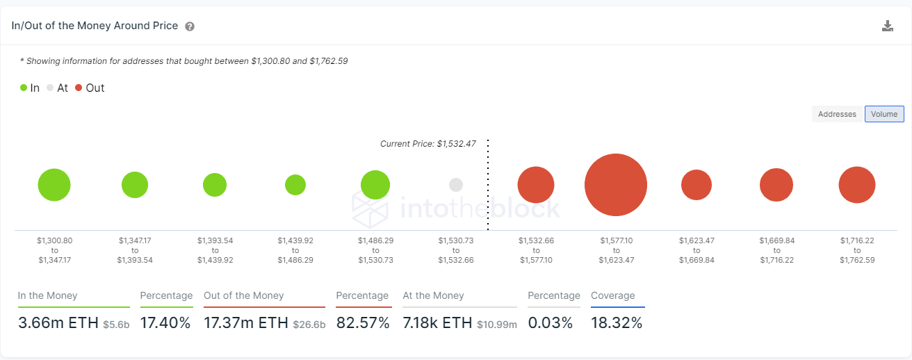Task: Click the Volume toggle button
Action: [x=884, y=114]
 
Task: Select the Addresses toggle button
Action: [x=837, y=114]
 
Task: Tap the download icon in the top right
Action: [x=887, y=26]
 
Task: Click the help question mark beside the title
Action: [x=190, y=26]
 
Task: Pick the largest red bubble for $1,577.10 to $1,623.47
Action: [x=616, y=185]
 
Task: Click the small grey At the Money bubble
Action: [x=456, y=185]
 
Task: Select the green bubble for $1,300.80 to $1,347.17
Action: [x=54, y=185]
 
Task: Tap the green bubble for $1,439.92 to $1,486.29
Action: [x=295, y=185]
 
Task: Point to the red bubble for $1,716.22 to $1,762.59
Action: [x=857, y=185]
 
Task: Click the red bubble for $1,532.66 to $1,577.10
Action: [x=536, y=185]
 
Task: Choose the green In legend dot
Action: [x=24, y=88]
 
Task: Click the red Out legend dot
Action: [x=79, y=88]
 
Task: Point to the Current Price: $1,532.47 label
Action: [x=427, y=144]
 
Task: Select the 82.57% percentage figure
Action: [x=363, y=322]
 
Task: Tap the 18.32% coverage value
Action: [x=617, y=322]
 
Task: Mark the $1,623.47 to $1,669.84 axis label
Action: [x=697, y=250]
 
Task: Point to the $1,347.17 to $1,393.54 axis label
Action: [x=135, y=250]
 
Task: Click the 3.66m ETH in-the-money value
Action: [x=58, y=322]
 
